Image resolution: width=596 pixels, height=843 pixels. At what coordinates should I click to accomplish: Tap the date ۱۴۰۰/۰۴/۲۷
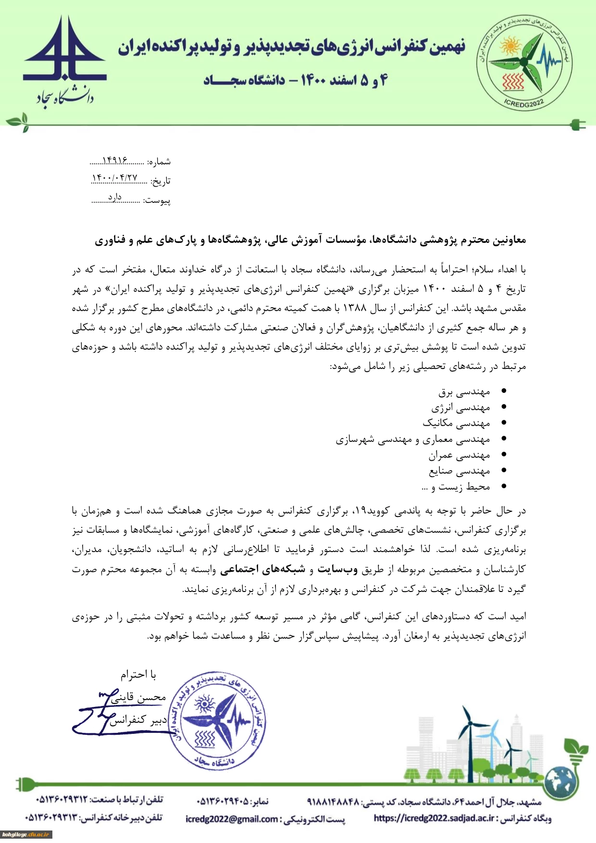pyautogui.click(x=114, y=178)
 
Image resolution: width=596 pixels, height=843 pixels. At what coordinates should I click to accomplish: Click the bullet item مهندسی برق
pyautogui.click(x=464, y=392)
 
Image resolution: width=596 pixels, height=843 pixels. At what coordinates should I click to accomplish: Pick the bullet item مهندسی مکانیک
pyautogui.click(x=456, y=423)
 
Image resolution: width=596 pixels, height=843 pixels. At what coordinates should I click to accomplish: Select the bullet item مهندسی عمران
pyautogui.click(x=459, y=455)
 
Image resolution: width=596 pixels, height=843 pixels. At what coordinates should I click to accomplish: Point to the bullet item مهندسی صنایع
pyautogui.click(x=459, y=471)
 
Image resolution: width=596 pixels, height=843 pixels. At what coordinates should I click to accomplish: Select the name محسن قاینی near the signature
pyautogui.click(x=138, y=697)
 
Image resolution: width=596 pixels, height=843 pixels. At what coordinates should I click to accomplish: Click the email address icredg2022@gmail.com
pyautogui.click(x=232, y=818)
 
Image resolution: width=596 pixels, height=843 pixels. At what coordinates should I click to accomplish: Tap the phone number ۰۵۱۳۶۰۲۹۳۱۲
pyautogui.click(x=62, y=799)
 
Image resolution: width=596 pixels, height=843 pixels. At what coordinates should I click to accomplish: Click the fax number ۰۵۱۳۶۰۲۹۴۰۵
pyautogui.click(x=223, y=801)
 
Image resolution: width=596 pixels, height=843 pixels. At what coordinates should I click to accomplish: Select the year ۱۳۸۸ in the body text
pyautogui.click(x=355, y=308)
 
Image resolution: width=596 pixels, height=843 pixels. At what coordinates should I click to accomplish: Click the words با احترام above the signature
pyautogui.click(x=138, y=675)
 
